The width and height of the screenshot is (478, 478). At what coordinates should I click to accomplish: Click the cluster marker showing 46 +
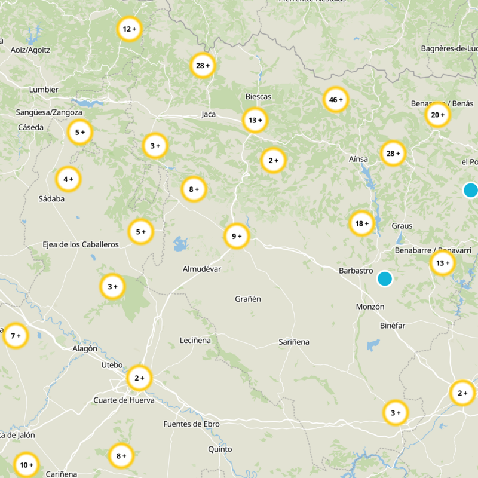(336, 100)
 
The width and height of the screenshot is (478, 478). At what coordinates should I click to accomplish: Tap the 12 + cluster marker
(129, 29)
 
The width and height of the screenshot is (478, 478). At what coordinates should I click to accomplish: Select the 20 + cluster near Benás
(437, 115)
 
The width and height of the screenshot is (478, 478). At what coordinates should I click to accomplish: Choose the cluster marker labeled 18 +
(362, 223)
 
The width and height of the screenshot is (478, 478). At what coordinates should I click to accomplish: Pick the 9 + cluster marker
(237, 236)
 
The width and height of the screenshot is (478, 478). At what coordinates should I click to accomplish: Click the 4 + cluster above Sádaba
(68, 179)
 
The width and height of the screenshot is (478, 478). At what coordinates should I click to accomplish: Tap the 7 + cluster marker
(16, 336)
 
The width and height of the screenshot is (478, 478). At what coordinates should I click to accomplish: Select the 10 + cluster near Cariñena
(26, 465)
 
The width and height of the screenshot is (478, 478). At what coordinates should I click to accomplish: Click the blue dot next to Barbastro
(385, 278)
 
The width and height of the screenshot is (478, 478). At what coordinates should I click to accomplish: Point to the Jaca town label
(209, 114)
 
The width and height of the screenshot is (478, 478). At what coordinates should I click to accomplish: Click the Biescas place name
(258, 97)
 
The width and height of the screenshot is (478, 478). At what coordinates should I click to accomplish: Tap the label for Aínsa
(358, 159)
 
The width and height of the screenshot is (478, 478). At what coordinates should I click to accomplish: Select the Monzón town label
(370, 307)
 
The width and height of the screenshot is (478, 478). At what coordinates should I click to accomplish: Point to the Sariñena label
(294, 342)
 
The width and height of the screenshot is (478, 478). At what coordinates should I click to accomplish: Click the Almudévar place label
(201, 269)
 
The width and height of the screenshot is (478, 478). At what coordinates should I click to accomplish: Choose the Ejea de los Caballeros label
(81, 244)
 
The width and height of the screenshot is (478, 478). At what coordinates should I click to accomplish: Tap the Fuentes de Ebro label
(191, 424)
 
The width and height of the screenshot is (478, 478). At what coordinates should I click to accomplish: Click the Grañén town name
(248, 299)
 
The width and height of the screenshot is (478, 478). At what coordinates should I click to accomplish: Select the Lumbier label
(44, 90)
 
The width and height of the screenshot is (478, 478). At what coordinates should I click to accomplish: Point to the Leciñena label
(195, 341)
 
